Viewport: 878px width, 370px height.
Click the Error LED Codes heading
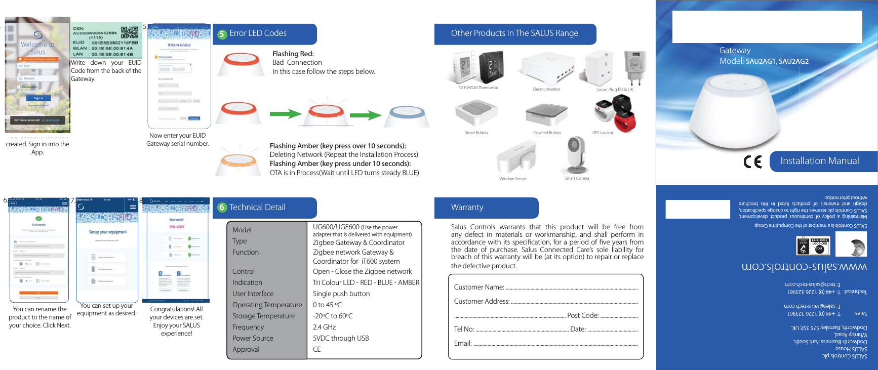coord(258,33)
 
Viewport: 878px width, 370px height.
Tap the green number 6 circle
coord(222,208)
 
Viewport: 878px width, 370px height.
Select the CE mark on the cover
coord(752,161)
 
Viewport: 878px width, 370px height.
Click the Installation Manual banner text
coord(819,161)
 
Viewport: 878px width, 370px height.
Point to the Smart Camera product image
coord(576,155)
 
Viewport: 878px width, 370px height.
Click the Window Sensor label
coord(513,179)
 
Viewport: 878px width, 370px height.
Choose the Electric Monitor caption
coord(546,89)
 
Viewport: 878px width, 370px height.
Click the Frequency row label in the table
coord(248,327)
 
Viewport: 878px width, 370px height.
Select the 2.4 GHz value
coord(325,327)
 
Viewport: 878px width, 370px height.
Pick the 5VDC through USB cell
coord(341,338)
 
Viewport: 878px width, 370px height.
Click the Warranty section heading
coord(467,208)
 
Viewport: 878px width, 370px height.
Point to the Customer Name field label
coord(479,287)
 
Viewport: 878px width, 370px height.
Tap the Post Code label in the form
coord(583,315)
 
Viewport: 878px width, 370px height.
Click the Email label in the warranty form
coord(463,343)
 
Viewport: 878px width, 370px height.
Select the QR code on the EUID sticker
coord(130,32)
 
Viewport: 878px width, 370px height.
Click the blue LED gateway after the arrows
coord(406,116)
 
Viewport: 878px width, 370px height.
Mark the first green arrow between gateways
coord(285,114)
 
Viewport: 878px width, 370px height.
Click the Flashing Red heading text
coord(293,54)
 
